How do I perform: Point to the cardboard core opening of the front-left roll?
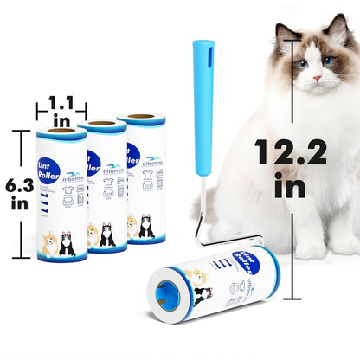point(61,131)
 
